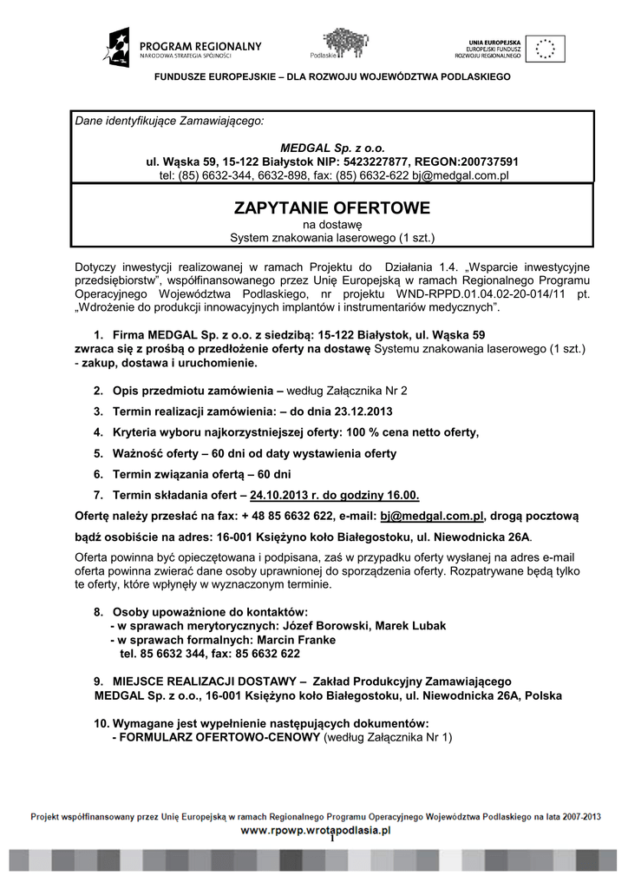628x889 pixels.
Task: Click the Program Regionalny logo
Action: point(183,48)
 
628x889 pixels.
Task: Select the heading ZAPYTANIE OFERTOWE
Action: point(331,208)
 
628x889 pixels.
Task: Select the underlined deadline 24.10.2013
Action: point(279,496)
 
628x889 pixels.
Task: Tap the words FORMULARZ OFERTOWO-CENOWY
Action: point(216,738)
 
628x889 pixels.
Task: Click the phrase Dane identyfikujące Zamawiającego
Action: point(168,121)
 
